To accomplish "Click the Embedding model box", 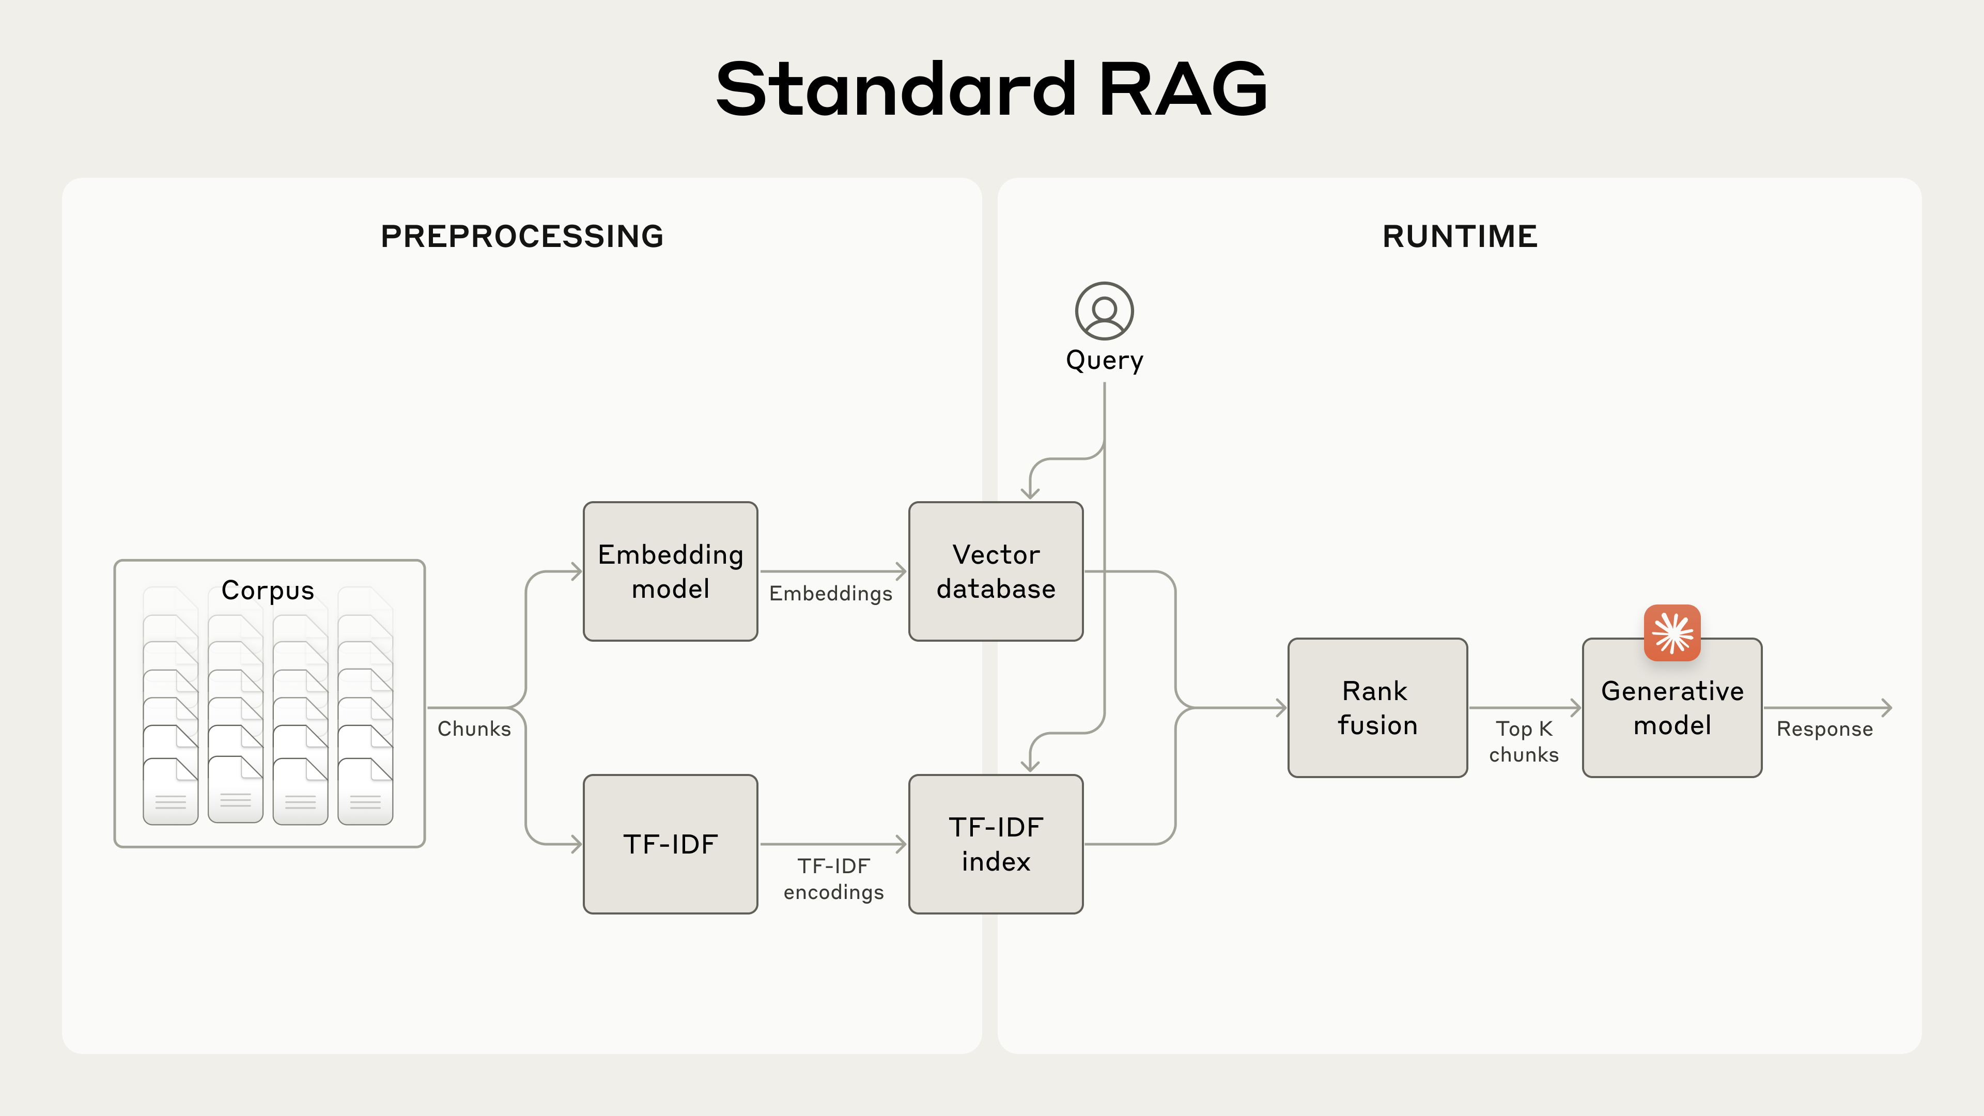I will (x=670, y=571).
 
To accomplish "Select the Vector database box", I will (x=995, y=571).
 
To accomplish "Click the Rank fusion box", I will (x=1377, y=707).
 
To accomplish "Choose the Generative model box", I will (x=1671, y=716).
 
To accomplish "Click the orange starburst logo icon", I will (x=1671, y=633).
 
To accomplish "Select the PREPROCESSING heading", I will (x=522, y=236).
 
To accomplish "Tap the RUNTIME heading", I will (x=1460, y=236).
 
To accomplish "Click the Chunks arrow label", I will (x=474, y=729).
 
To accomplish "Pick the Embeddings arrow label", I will (x=830, y=593).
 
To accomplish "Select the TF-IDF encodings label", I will (x=833, y=879).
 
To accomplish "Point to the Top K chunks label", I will (x=1524, y=741).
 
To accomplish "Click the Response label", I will (x=1824, y=729).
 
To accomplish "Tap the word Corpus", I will (x=267, y=590).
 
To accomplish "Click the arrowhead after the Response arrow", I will (x=1886, y=707).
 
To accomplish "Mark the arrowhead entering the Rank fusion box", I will (x=1281, y=707).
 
